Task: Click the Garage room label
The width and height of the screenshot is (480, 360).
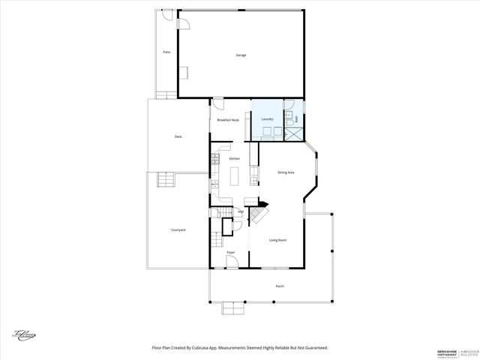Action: point(241,55)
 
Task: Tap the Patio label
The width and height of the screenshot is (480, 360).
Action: point(166,52)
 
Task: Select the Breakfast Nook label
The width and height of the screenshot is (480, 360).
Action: point(228,120)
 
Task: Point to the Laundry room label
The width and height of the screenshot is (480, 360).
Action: point(267,119)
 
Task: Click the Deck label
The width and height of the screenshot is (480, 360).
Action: point(178,136)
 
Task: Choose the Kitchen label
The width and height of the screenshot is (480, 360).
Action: point(234,159)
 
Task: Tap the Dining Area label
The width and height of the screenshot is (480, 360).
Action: point(286,172)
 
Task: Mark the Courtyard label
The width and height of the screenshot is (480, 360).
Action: point(178,229)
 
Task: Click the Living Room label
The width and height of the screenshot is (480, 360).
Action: point(278,240)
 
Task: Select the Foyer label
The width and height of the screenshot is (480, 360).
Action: point(231,252)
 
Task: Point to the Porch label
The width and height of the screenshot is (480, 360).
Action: point(280,286)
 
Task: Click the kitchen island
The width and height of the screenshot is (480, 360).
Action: point(233,178)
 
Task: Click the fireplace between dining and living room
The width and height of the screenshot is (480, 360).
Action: point(262,202)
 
